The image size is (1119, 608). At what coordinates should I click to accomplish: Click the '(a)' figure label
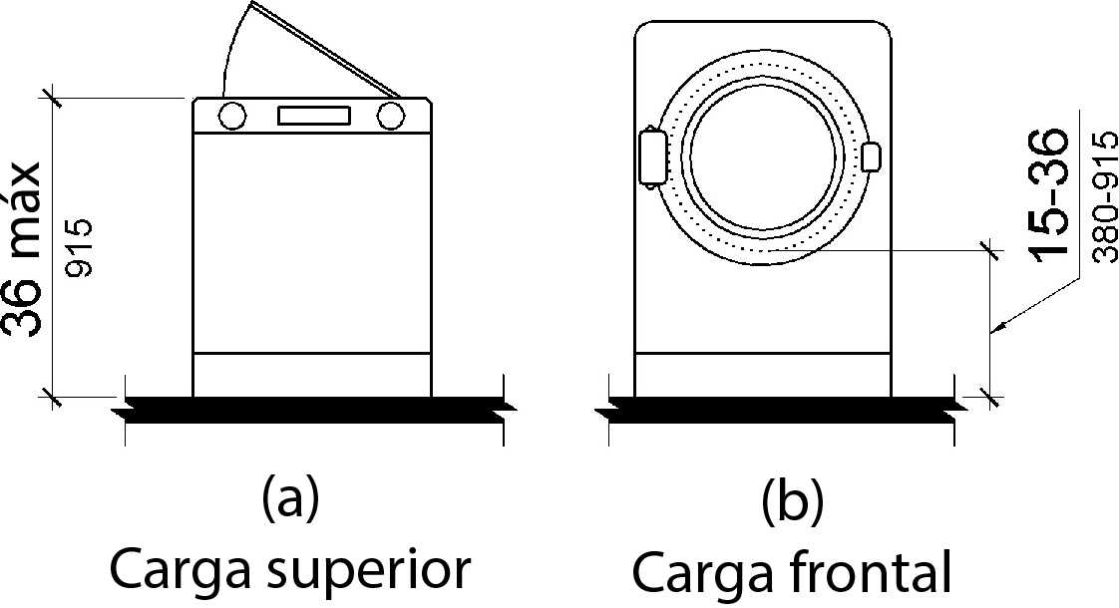tap(290, 497)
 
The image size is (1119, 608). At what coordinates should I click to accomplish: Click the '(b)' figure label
tap(793, 503)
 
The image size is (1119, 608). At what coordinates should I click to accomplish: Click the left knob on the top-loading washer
tap(231, 117)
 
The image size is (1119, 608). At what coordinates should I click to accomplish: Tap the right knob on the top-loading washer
tap(392, 117)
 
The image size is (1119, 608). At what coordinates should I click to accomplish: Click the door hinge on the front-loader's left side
tap(651, 157)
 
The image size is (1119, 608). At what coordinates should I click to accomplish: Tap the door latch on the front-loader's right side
tap(871, 157)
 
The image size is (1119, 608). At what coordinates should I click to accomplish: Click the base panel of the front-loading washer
tap(762, 374)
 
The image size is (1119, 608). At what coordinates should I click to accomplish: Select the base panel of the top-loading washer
tap(312, 374)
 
